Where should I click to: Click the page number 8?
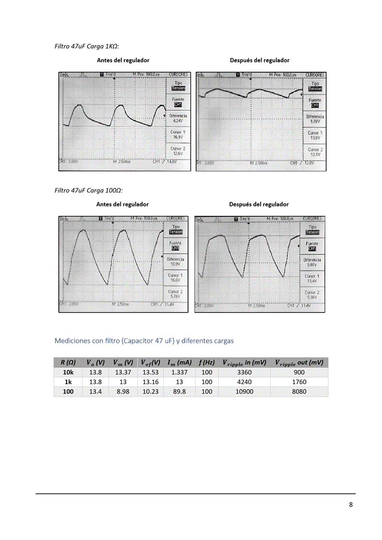click(351, 504)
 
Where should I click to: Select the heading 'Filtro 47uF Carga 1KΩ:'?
click(87, 46)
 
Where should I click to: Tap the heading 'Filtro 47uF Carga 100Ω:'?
click(89, 190)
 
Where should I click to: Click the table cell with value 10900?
click(245, 392)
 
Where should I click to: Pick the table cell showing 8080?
click(299, 392)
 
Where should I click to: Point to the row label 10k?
click(68, 372)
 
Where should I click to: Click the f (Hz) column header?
click(207, 362)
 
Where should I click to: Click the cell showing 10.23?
click(151, 392)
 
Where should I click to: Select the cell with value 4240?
click(245, 382)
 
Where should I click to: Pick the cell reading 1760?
click(299, 382)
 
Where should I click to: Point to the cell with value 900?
click(299, 372)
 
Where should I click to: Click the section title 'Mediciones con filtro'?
click(144, 341)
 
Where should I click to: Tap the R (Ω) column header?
click(68, 362)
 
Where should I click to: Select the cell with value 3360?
click(245, 372)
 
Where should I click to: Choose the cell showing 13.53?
click(151, 372)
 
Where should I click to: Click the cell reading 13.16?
click(151, 382)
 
